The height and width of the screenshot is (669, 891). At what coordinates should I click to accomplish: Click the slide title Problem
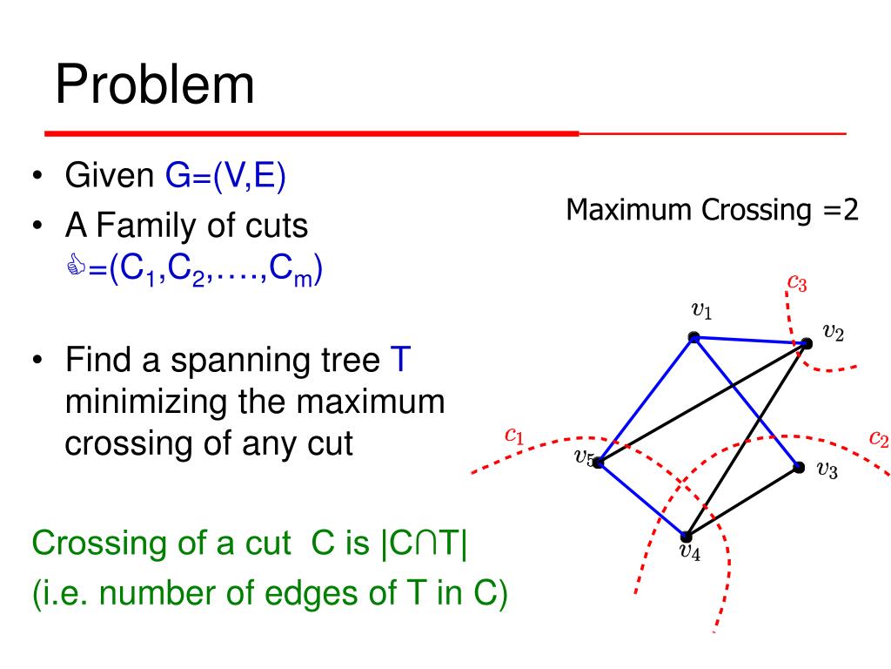[x=155, y=86]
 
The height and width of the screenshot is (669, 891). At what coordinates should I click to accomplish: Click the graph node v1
[x=693, y=337]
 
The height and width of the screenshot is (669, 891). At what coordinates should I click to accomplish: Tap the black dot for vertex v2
[x=806, y=344]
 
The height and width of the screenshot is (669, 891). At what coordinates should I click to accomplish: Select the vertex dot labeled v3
[x=800, y=468]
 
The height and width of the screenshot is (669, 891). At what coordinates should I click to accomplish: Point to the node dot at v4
[x=686, y=536]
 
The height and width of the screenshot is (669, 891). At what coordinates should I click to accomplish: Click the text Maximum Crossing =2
[x=712, y=210]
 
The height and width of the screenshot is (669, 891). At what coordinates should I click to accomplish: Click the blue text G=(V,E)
[x=225, y=177]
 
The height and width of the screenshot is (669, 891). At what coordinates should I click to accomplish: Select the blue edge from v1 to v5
[x=646, y=398]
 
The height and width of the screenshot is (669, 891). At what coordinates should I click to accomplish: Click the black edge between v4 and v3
[x=742, y=502]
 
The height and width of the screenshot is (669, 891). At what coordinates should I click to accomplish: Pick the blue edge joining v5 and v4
[x=642, y=497]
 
